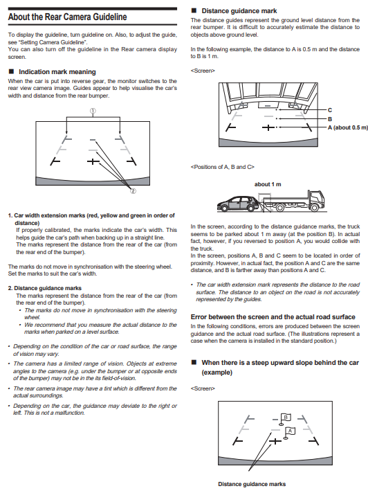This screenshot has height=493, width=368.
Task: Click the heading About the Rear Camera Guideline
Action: click(68, 17)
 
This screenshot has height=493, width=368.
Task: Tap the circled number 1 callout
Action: click(93, 111)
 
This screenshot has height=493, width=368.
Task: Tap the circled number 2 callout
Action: click(133, 191)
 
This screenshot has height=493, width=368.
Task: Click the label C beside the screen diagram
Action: click(330, 110)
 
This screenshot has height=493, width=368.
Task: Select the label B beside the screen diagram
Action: click(330, 119)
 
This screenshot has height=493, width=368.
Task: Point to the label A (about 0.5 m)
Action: click(347, 127)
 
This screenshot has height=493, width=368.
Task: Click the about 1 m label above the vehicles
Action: click(268, 184)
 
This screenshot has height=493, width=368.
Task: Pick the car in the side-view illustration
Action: click(239, 204)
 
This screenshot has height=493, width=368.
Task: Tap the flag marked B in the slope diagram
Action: click(285, 418)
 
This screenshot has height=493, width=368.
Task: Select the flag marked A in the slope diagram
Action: click(290, 431)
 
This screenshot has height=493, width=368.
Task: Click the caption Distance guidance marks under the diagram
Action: click(252, 484)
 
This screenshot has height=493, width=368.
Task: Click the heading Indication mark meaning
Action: click(57, 72)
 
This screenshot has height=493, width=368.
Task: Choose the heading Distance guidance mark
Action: click(239, 11)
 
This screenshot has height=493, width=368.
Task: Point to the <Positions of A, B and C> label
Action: click(222, 167)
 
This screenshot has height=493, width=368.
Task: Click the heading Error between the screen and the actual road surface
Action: click(273, 317)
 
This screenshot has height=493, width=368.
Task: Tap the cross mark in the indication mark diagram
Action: click(93, 161)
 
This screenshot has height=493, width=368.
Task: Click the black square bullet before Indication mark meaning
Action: click(11, 71)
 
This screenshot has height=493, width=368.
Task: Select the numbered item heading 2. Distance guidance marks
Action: click(44, 288)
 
